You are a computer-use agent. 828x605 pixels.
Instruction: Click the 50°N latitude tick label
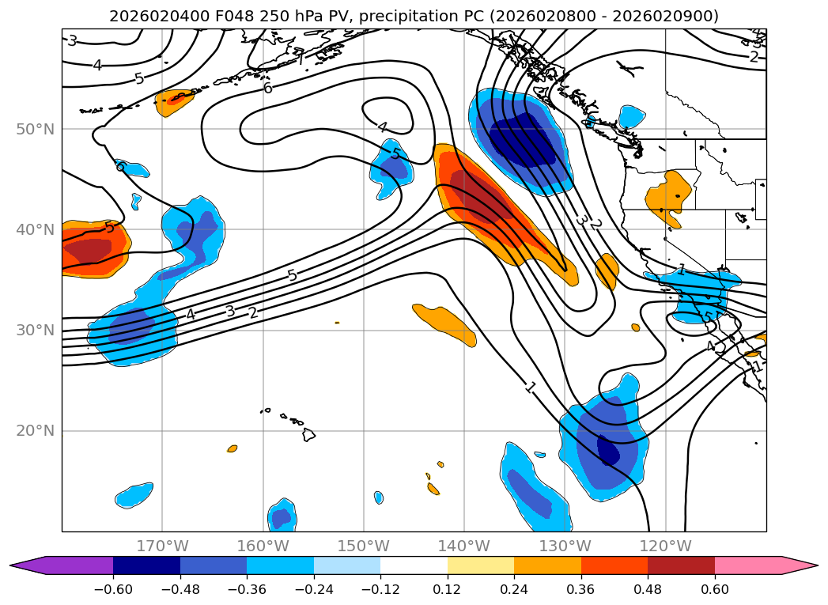coord(36,130)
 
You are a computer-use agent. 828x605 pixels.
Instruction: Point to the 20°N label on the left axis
coord(36,431)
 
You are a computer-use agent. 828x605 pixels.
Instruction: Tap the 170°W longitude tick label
coord(163,546)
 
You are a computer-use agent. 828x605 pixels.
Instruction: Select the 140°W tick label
coord(464,546)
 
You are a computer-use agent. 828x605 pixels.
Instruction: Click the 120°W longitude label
coord(665,546)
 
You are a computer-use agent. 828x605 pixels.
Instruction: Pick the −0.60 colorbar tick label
coord(113,588)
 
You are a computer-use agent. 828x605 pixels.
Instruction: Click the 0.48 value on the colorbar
coord(648,588)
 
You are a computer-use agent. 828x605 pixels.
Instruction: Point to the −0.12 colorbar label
coord(380,588)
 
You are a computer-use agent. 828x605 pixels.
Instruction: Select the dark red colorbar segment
coord(681,565)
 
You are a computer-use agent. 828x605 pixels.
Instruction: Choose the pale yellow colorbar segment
coord(481,565)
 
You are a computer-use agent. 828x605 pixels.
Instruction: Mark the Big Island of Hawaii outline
coord(308,434)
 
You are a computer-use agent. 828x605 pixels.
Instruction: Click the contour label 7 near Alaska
coord(300,56)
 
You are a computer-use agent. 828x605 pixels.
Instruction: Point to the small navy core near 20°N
coord(608,449)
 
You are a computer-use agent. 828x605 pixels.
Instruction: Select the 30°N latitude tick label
coord(36,331)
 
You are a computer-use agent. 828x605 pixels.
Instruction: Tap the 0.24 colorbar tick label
coord(514,588)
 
